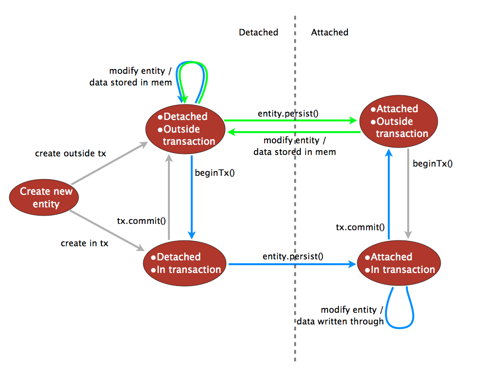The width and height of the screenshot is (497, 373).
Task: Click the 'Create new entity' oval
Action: tap(46, 197)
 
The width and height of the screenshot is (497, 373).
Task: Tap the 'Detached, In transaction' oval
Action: tap(185, 263)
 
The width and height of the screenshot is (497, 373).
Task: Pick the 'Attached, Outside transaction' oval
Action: tap(398, 121)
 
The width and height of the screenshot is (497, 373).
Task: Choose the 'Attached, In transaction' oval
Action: tap(398, 263)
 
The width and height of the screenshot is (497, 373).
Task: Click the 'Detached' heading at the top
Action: tap(258, 33)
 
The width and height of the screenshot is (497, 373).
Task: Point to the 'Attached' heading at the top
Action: tap(330, 33)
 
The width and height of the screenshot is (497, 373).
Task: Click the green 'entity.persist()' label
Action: tap(288, 114)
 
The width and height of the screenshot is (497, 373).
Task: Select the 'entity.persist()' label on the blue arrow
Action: tap(293, 255)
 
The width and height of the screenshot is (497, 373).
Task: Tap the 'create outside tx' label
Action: tap(70, 153)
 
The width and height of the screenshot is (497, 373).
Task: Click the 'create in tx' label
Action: tap(84, 243)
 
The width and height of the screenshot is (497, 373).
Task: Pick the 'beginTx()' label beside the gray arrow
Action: tap(432, 163)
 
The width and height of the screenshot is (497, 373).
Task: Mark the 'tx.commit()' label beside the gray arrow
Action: tap(142, 220)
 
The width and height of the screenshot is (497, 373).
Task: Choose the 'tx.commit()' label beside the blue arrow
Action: tap(361, 227)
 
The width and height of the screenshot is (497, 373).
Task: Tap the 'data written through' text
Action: tap(340, 321)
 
